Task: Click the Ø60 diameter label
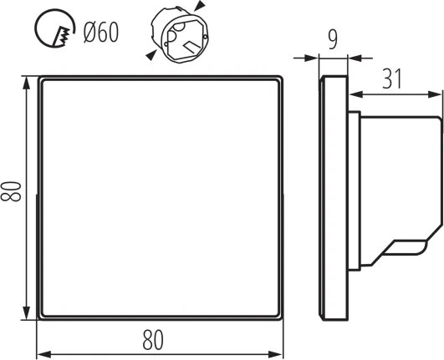(x=101, y=33)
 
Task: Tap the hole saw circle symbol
(x=35, y=28)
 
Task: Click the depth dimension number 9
(x=333, y=40)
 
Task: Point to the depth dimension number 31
(x=392, y=79)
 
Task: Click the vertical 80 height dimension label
(x=11, y=191)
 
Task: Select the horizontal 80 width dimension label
(x=153, y=340)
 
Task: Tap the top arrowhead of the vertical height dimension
(x=26, y=83)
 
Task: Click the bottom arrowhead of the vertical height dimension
(x=26, y=313)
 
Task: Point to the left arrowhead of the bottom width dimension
(x=43, y=354)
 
